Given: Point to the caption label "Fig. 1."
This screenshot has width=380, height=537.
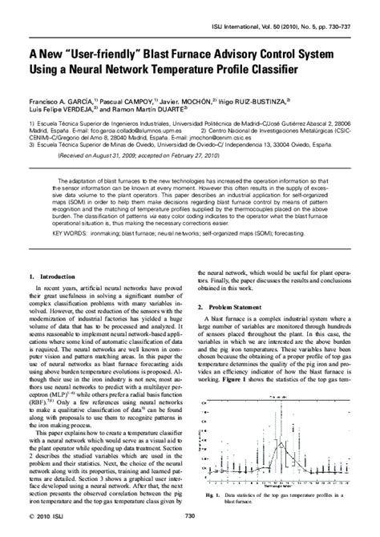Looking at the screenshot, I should (214, 497).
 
